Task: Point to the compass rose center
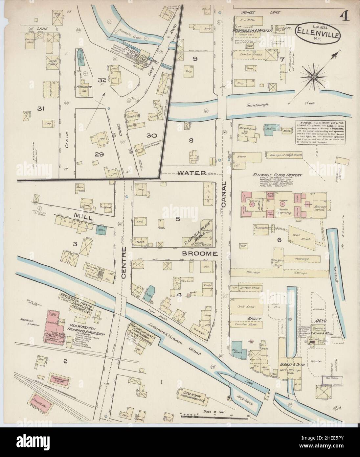tap(314, 77)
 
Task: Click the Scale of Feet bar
tap(214, 418)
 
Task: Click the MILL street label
tap(80, 217)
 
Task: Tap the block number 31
tap(41, 109)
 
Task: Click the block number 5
tap(177, 219)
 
